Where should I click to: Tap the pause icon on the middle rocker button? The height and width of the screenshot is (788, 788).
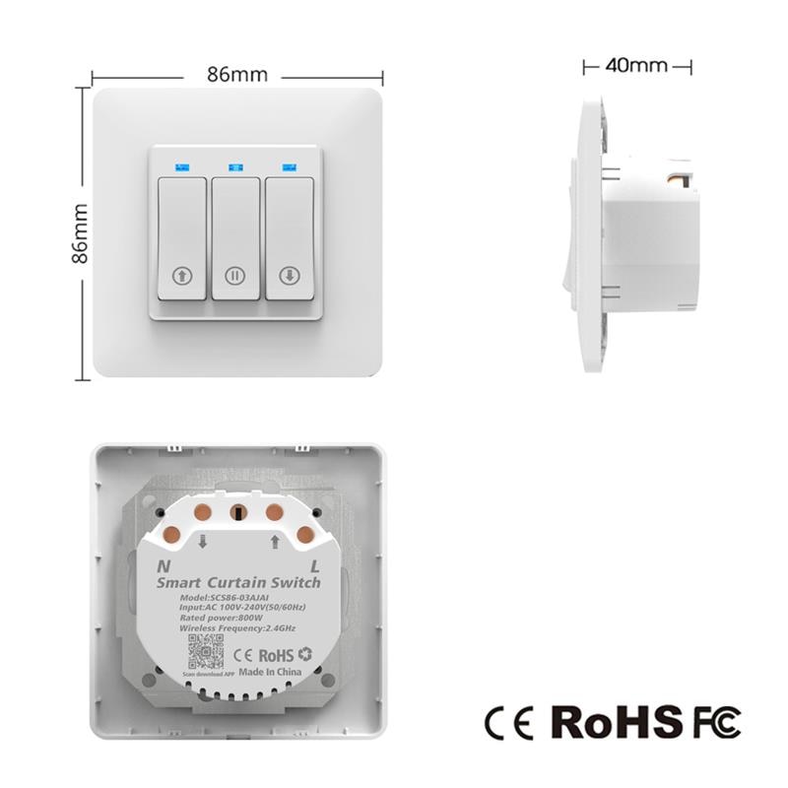click(235, 276)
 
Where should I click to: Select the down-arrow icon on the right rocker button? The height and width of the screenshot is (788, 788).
click(290, 276)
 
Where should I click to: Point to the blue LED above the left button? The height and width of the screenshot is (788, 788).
click(182, 166)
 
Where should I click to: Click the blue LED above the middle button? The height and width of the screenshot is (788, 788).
click(235, 166)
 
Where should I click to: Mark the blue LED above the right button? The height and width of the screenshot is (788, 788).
click(290, 166)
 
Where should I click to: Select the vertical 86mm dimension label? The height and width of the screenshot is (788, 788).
click(81, 233)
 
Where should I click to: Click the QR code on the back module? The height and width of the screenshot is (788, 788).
click(206, 653)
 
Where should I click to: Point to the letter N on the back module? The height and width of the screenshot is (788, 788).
click(164, 566)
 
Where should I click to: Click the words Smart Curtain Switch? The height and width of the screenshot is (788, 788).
click(238, 583)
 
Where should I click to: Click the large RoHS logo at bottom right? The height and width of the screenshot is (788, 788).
click(616, 722)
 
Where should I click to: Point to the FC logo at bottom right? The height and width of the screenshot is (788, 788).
click(716, 722)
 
